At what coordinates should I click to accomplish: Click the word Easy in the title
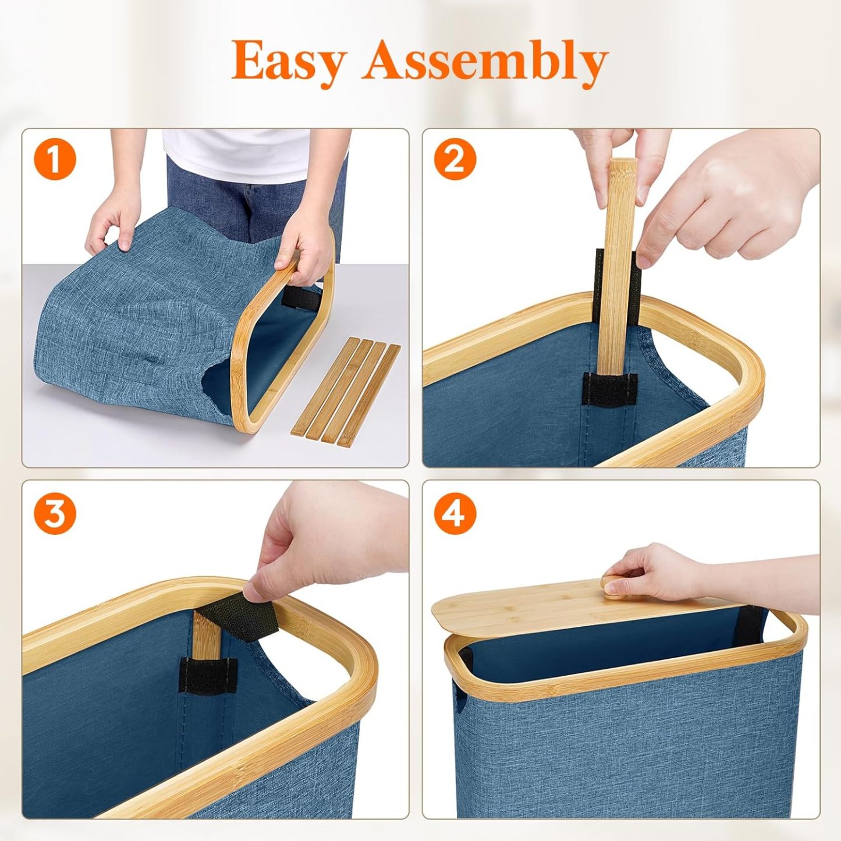289,62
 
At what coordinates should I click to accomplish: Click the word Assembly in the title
485,62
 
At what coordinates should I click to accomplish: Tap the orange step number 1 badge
55,159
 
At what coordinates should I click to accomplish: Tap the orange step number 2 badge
455,159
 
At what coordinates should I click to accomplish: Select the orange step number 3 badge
55,513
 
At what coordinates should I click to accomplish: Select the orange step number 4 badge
455,513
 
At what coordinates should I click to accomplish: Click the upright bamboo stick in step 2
618,262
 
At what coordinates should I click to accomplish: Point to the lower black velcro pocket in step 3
207,676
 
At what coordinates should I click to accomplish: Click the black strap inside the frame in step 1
301,297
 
